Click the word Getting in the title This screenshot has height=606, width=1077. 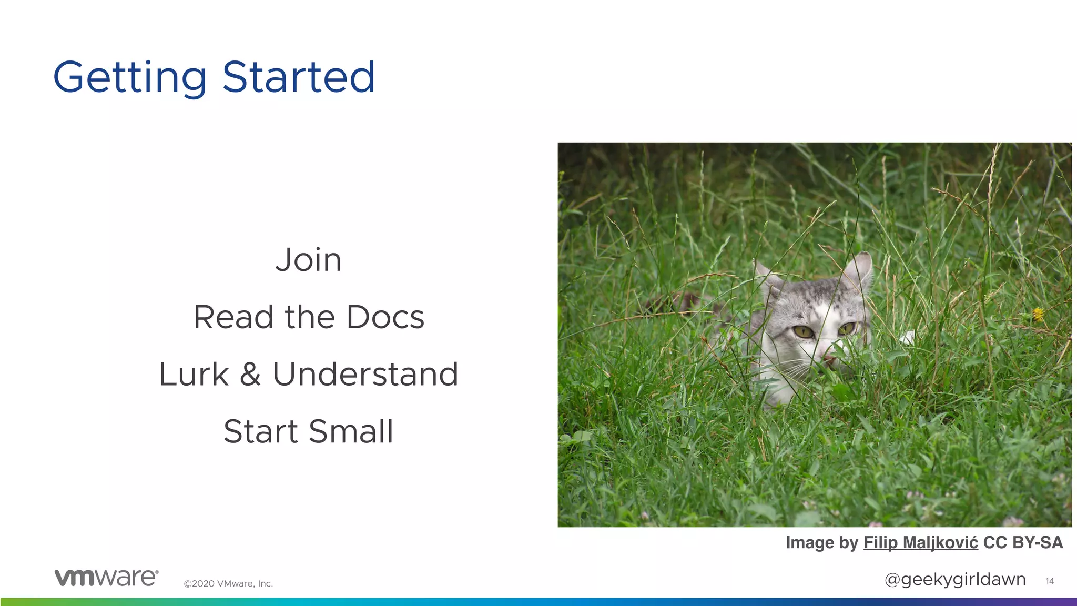tap(130, 78)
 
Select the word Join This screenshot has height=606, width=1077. tap(308, 260)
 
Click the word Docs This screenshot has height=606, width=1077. tap(385, 317)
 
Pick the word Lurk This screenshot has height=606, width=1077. tap(194, 375)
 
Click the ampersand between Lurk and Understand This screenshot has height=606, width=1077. tap(250, 375)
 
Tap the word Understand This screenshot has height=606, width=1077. tap(365, 375)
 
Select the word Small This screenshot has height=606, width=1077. tap(351, 431)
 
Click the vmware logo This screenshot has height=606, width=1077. tap(106, 578)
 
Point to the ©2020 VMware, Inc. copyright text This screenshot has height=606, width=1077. tap(228, 583)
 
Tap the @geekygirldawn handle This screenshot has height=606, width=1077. tap(955, 579)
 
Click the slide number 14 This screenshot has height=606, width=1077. tap(1050, 581)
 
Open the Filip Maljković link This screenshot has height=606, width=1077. tap(920, 542)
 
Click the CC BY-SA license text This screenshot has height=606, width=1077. tap(1023, 542)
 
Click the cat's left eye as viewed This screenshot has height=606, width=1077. tap(803, 331)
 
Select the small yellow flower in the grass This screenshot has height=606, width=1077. tap(1038, 314)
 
